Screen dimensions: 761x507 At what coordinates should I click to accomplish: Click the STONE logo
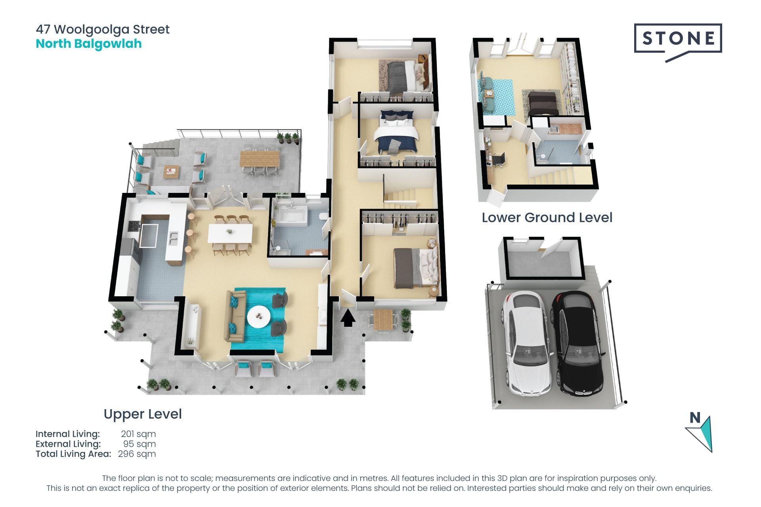click(678, 42)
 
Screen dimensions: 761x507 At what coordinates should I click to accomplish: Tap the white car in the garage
click(526, 343)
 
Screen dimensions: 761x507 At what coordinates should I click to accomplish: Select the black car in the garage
click(577, 343)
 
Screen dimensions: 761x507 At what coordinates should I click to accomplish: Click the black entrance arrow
click(348, 318)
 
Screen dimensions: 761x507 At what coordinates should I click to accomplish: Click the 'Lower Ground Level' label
click(547, 217)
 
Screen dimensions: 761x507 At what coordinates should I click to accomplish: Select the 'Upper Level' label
click(143, 414)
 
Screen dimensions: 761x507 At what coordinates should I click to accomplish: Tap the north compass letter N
click(695, 417)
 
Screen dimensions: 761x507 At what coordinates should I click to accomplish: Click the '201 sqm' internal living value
click(138, 434)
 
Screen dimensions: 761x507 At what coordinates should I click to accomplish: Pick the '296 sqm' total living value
click(137, 454)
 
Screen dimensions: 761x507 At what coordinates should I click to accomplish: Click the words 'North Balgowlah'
click(89, 44)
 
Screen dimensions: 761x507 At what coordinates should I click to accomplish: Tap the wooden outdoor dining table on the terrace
click(260, 159)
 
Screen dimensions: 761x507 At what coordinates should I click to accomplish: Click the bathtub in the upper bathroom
click(291, 215)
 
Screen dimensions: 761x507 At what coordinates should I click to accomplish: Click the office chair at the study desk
click(498, 160)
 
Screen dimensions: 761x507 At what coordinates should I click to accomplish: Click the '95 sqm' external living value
click(140, 444)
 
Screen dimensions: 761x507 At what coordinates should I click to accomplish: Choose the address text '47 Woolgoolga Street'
click(103, 29)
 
